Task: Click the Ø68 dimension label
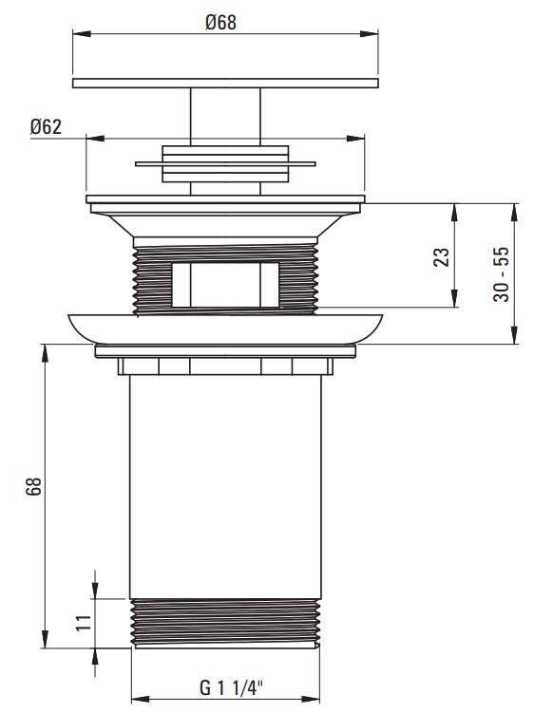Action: [x=220, y=22]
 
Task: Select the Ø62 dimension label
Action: [x=46, y=127]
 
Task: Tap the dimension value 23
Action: [x=441, y=257]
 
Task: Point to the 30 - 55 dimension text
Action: [x=502, y=274]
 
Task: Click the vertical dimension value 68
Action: [x=33, y=486]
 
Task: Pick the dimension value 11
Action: [x=84, y=623]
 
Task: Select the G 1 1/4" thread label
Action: [x=231, y=688]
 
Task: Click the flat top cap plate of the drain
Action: [x=225, y=84]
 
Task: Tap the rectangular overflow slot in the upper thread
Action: [x=225, y=285]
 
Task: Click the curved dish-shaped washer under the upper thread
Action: [x=225, y=328]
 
